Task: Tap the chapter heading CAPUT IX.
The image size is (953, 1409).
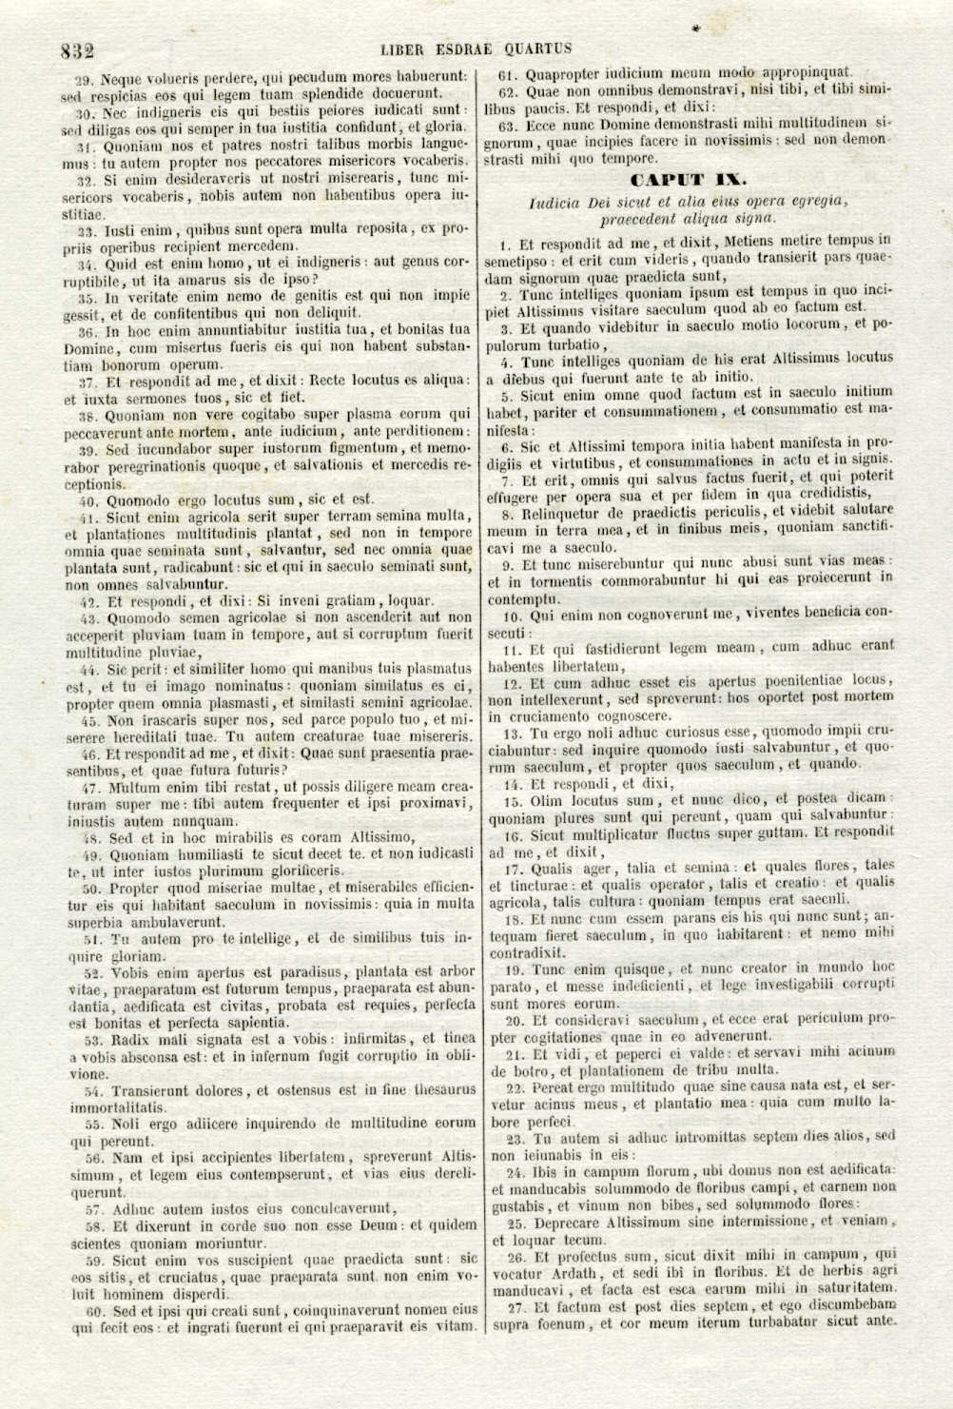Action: pos(688,179)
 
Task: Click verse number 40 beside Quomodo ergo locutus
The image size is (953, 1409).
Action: pos(88,499)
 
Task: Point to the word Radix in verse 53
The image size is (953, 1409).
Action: pos(131,1039)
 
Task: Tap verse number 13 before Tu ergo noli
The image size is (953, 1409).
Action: pos(512,734)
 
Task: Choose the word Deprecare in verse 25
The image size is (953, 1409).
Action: pos(567,1223)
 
